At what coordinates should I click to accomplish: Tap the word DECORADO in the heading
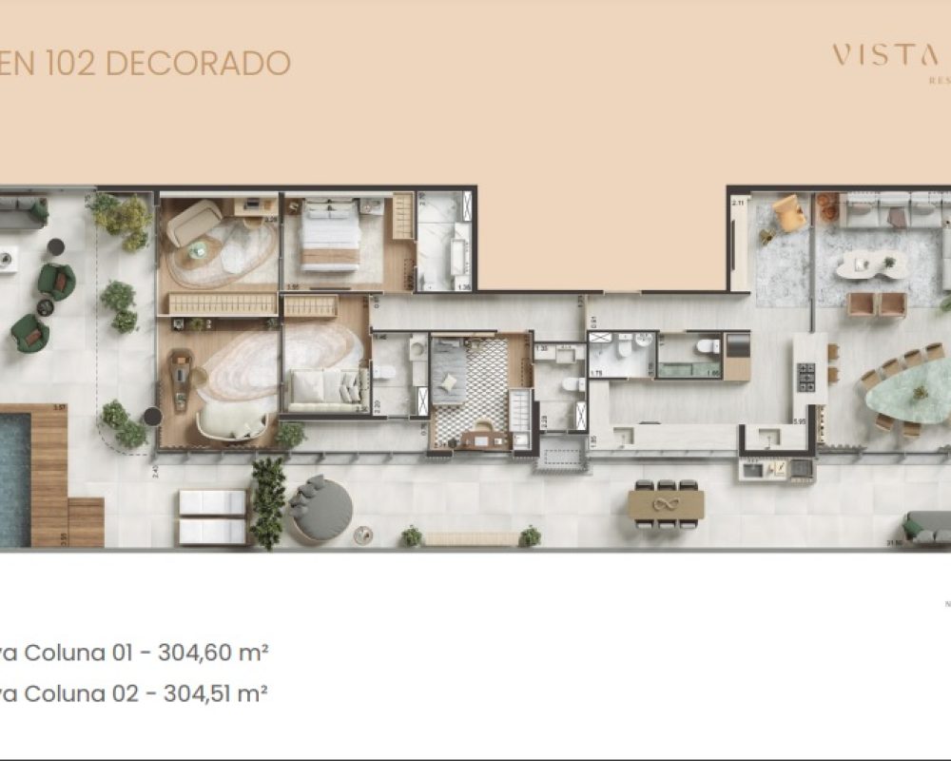(x=197, y=63)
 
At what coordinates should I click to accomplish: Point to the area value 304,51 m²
(x=220, y=693)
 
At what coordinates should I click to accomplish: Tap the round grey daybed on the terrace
(x=320, y=509)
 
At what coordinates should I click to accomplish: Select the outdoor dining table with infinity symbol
(x=666, y=505)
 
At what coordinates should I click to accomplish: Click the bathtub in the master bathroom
(x=459, y=259)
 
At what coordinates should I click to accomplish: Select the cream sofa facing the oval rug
(x=323, y=389)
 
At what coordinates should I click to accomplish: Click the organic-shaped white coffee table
(x=866, y=263)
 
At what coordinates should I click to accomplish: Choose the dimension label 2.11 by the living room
(x=737, y=203)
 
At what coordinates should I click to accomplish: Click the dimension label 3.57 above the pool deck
(x=59, y=408)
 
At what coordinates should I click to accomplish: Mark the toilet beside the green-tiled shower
(x=708, y=346)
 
